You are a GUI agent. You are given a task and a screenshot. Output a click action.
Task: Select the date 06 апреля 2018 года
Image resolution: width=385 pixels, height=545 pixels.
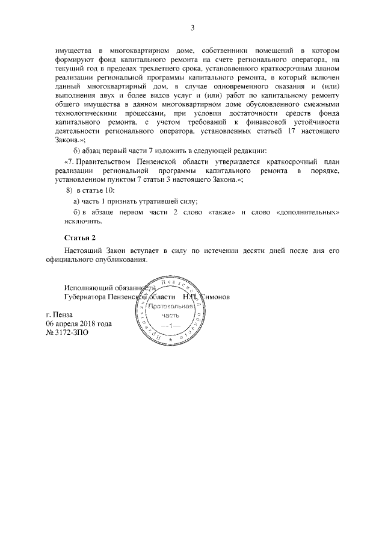click(79, 323)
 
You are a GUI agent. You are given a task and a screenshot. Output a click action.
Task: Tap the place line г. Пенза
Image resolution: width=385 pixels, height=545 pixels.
click(60, 314)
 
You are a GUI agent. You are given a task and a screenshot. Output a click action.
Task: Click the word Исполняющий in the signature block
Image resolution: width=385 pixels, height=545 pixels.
click(88, 287)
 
